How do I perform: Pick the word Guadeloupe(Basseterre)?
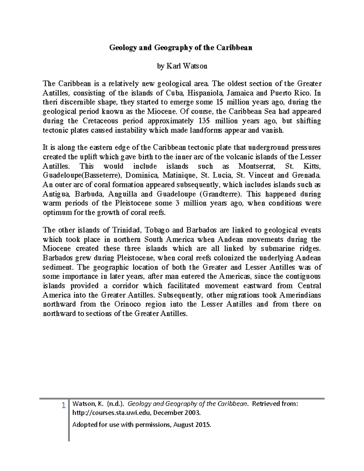pyautogui.click(x=82, y=175)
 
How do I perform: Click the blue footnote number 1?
pyautogui.click(x=63, y=405)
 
